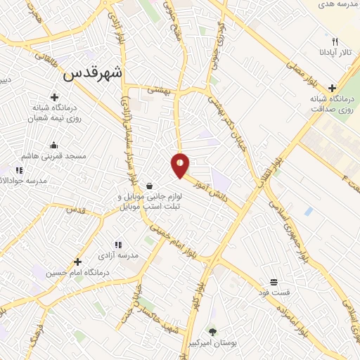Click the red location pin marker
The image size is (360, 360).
(181, 165)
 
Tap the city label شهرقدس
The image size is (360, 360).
(93, 72)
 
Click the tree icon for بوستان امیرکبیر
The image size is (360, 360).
(212, 330)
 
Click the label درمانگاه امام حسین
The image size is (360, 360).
(77, 272)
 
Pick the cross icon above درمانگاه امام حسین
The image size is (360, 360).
(77, 262)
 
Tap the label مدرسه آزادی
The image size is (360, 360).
(118, 255)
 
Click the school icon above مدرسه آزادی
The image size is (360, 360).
(118, 245)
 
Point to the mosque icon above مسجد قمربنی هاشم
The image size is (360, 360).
(53, 146)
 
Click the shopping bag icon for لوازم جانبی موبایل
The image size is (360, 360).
(150, 186)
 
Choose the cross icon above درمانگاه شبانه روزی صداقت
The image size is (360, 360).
(332, 88)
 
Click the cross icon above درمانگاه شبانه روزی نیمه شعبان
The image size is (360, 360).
(54, 98)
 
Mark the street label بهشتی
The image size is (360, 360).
(160, 90)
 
